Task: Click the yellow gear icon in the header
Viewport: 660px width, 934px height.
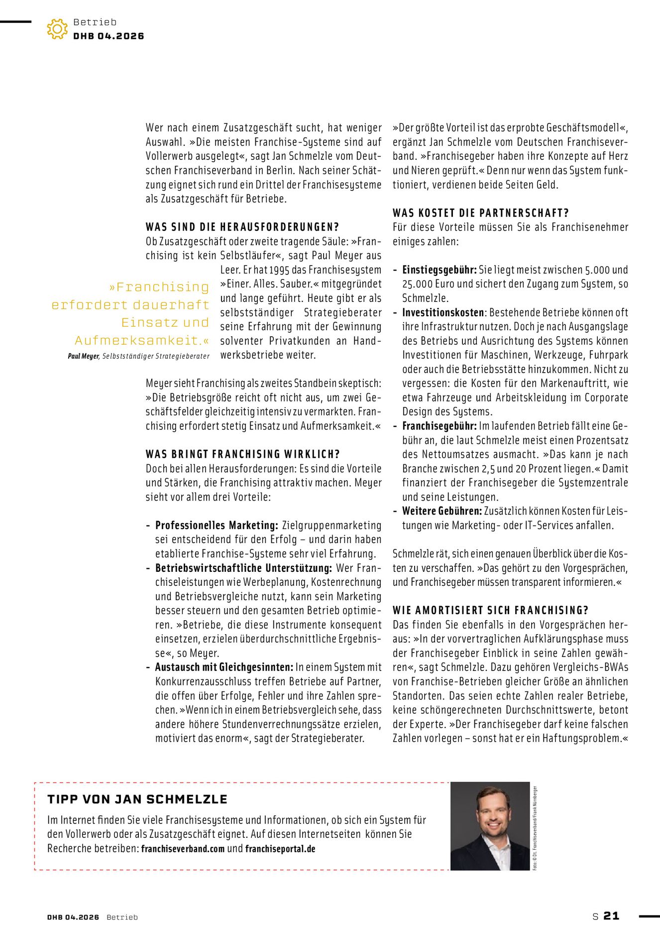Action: (57, 29)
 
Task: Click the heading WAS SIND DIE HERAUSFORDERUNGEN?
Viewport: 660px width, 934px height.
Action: (242, 227)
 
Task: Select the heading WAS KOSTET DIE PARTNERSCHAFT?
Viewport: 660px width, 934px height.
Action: (480, 213)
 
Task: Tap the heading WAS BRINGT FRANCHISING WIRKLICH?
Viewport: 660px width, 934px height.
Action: (243, 454)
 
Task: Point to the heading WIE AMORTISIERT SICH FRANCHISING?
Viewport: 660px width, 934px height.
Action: (490, 611)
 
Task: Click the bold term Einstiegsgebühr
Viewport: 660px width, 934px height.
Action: (440, 270)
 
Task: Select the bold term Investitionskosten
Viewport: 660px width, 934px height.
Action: (443, 313)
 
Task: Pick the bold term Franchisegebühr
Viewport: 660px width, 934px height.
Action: (440, 426)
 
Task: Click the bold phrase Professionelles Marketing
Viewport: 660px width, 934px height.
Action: (217, 526)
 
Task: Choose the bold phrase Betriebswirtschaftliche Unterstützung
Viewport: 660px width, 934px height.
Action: (243, 568)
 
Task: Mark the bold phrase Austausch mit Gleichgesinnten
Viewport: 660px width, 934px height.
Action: (224, 667)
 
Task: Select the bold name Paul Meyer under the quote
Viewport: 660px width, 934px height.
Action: (84, 357)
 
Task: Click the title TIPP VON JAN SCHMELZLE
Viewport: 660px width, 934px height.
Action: (137, 800)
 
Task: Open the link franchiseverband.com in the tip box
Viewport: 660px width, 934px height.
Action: (183, 849)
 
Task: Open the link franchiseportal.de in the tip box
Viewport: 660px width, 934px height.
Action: (280, 849)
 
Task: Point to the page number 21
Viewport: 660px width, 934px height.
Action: (611, 916)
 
